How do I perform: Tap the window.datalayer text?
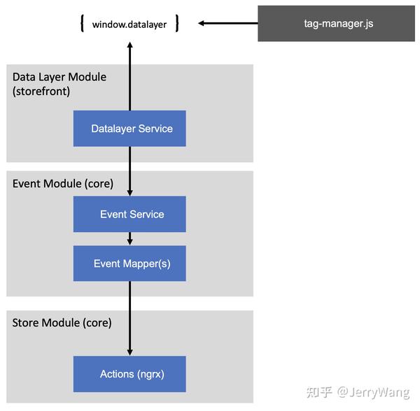(x=129, y=24)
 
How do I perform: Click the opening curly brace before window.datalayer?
(x=83, y=24)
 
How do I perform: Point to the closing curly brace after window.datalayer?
(x=177, y=24)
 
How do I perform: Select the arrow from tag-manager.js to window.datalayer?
(x=227, y=24)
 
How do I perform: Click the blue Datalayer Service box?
(x=129, y=129)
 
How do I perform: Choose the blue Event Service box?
(x=129, y=214)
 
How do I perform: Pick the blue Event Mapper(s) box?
(x=129, y=264)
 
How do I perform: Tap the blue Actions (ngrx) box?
(x=129, y=374)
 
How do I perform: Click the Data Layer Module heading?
(x=59, y=77)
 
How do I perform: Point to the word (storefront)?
(x=41, y=91)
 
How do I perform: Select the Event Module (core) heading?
(x=63, y=184)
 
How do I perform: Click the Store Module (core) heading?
(x=62, y=323)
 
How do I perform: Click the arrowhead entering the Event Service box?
(x=129, y=192)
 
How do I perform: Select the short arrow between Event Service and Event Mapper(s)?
(x=129, y=239)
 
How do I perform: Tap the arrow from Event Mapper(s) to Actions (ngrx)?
(x=129, y=318)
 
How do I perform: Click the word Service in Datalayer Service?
(x=155, y=129)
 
